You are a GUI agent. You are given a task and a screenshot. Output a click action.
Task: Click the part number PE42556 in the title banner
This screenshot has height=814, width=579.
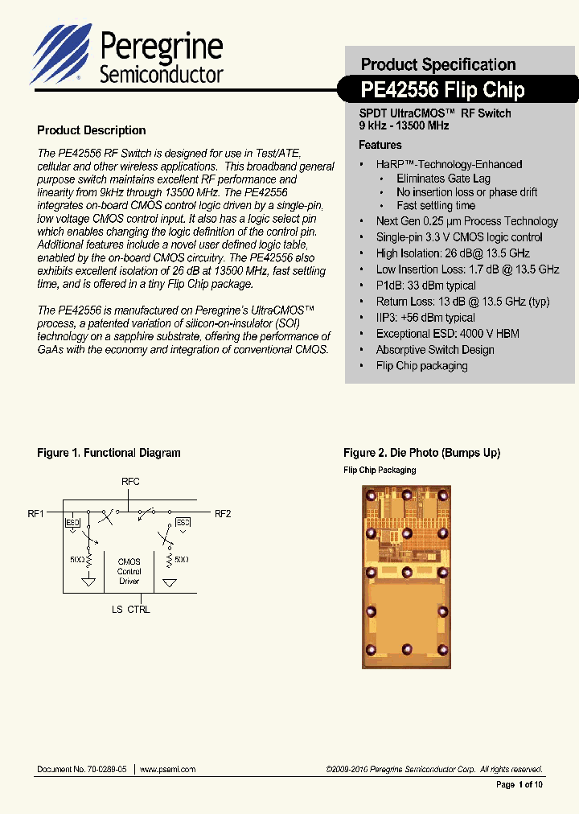[399, 89]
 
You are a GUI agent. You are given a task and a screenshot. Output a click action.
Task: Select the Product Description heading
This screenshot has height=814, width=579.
[92, 130]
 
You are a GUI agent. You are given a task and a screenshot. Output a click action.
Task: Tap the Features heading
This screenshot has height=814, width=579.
[380, 145]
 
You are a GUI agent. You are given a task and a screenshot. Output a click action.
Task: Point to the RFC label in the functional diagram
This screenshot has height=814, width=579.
[130, 482]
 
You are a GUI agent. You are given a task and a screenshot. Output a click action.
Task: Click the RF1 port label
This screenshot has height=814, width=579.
[36, 512]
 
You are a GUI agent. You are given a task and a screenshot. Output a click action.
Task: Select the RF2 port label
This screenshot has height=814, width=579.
[222, 513]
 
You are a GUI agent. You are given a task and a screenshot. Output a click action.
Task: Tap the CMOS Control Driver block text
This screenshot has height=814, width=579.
[129, 571]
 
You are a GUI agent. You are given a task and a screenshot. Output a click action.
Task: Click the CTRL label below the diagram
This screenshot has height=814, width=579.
[138, 609]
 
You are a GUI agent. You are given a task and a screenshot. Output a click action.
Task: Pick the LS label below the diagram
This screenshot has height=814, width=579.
[117, 609]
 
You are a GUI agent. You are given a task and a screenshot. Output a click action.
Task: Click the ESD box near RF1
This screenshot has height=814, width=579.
[72, 523]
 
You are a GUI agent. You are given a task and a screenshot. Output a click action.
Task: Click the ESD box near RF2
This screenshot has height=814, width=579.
[183, 523]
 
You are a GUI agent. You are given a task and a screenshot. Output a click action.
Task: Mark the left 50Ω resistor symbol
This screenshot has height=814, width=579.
[89, 559]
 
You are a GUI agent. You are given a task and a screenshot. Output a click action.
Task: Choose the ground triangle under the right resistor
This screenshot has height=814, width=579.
[170, 582]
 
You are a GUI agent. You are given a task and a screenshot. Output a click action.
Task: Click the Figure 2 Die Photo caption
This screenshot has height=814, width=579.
[421, 453]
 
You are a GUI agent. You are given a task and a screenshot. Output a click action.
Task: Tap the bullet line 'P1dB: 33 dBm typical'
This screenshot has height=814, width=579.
[425, 286]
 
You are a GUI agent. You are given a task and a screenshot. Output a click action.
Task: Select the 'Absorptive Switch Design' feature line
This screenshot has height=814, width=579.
[434, 350]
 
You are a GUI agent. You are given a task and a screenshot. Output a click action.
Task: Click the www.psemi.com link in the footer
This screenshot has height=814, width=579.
[167, 770]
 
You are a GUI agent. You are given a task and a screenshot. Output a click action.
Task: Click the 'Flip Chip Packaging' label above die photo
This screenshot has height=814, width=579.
[380, 471]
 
